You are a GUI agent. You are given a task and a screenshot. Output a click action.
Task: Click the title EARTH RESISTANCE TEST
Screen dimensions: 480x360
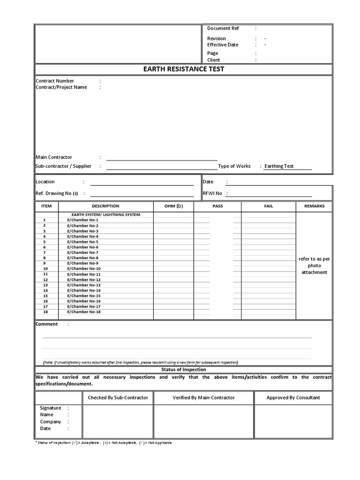(183, 69)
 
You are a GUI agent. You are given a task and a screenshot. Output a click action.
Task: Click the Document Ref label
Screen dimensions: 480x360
(223, 28)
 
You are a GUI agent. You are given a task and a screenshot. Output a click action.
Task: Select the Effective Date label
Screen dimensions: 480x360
(223, 45)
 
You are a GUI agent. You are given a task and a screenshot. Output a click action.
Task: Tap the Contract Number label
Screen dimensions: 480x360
(55, 81)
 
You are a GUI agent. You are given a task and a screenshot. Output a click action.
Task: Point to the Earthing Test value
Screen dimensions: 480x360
(279, 166)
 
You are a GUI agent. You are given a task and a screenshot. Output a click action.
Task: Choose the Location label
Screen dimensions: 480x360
(45, 181)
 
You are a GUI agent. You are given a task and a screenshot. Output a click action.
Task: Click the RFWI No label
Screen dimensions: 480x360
(212, 193)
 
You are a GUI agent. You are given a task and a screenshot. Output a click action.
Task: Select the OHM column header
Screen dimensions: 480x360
(173, 206)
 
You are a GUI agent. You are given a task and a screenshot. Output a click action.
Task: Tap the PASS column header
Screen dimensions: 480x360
(217, 206)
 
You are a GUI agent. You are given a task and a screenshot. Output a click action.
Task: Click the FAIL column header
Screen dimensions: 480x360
(269, 206)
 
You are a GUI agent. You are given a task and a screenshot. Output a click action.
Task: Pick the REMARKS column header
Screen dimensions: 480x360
(314, 206)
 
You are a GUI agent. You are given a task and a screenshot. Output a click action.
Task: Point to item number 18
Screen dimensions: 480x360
(45, 312)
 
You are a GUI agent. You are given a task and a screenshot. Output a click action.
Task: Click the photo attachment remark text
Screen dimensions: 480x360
(315, 265)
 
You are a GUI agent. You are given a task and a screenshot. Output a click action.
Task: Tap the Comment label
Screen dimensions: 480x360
(47, 324)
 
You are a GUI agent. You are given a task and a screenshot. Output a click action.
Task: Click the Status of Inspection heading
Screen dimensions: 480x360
(183, 369)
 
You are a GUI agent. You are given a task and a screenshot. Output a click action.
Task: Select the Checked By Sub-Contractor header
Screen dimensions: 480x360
(118, 397)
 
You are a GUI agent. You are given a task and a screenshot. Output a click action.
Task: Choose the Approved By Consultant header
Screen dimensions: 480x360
(293, 397)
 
